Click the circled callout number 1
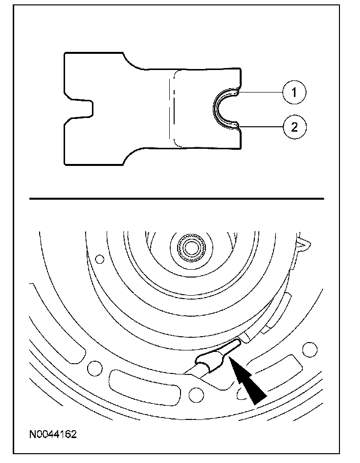click(x=294, y=92)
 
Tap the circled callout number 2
click(x=294, y=127)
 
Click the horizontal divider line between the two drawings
click(x=177, y=199)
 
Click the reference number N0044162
click(x=52, y=434)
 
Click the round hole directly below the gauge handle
click(x=196, y=392)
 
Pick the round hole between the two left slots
click(x=91, y=366)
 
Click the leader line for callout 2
click(x=259, y=127)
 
